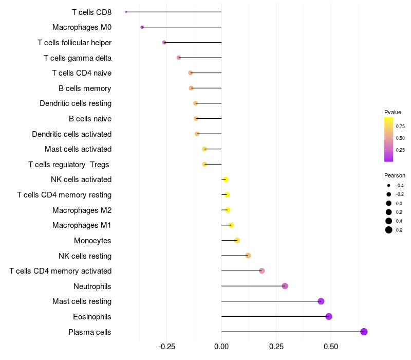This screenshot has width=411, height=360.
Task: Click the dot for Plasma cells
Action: pos(364,332)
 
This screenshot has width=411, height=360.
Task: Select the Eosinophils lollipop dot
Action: pos(329,316)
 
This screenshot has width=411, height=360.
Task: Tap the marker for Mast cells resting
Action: pos(321,301)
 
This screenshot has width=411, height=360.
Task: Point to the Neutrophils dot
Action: pos(285,286)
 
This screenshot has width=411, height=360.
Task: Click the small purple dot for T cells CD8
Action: pos(126,12)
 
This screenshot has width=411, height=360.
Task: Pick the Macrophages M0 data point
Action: pos(142,27)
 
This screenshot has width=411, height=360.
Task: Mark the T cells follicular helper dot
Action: pos(164,42)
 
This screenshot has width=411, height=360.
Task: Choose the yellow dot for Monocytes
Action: pos(237,240)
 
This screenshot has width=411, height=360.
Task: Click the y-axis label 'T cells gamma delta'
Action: pos(78,58)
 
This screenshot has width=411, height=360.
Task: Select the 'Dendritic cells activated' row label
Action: pos(71,134)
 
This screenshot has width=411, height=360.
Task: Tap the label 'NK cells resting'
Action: pos(85,256)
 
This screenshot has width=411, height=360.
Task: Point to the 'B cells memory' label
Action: pos(85,88)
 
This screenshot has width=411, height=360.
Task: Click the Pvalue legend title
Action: pos(393,112)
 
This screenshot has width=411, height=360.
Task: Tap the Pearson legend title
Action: pos(395,175)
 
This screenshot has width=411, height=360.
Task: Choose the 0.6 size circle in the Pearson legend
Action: pos(389,230)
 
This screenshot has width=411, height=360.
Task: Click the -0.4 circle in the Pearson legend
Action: pos(389,185)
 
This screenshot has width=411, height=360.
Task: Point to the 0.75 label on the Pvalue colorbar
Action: pos(400,126)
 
